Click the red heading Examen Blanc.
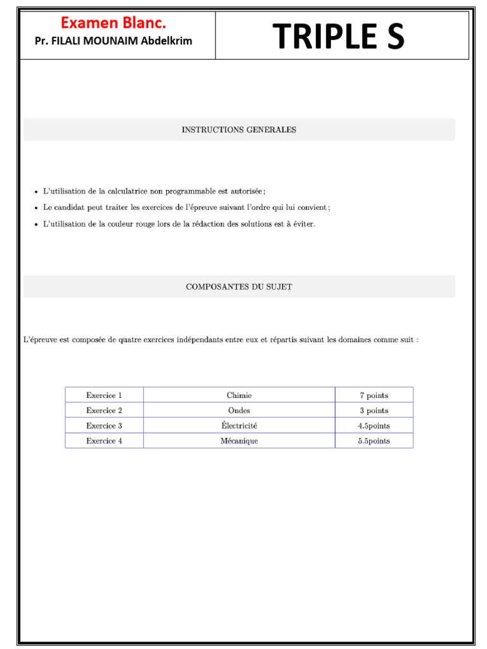[114, 23]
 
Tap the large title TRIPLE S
[339, 37]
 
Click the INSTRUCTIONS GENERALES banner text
[238, 130]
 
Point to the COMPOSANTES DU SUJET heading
[238, 287]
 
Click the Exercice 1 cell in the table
[104, 395]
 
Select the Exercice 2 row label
[104, 411]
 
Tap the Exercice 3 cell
[104, 426]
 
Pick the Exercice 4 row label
[104, 441]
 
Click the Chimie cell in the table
[239, 395]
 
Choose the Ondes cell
[239, 411]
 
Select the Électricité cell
[239, 426]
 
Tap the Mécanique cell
[239, 441]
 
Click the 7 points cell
[373, 395]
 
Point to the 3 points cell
[373, 411]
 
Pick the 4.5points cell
[373, 426]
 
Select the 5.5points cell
[373, 441]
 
